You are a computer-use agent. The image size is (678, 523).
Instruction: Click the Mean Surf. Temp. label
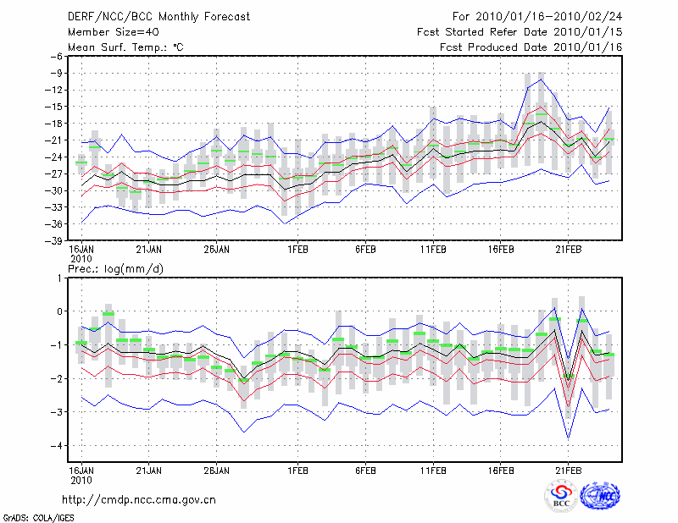(x=125, y=47)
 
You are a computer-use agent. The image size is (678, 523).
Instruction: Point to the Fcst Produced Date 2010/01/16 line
(x=531, y=47)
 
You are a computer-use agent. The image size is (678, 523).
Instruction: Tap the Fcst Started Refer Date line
(x=520, y=32)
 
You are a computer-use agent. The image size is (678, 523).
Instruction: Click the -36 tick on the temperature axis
(x=55, y=224)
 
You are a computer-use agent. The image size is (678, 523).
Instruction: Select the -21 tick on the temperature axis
(x=55, y=140)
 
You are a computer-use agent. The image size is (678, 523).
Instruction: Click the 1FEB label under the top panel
(x=297, y=250)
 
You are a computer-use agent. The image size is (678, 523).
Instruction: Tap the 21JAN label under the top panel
(x=148, y=250)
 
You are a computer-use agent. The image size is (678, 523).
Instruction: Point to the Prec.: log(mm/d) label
(x=115, y=267)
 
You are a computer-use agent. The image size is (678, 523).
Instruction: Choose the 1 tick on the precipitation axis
(x=59, y=278)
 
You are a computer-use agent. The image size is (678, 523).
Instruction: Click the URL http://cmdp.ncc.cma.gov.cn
(x=139, y=499)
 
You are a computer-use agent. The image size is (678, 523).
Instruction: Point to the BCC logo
(x=561, y=497)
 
